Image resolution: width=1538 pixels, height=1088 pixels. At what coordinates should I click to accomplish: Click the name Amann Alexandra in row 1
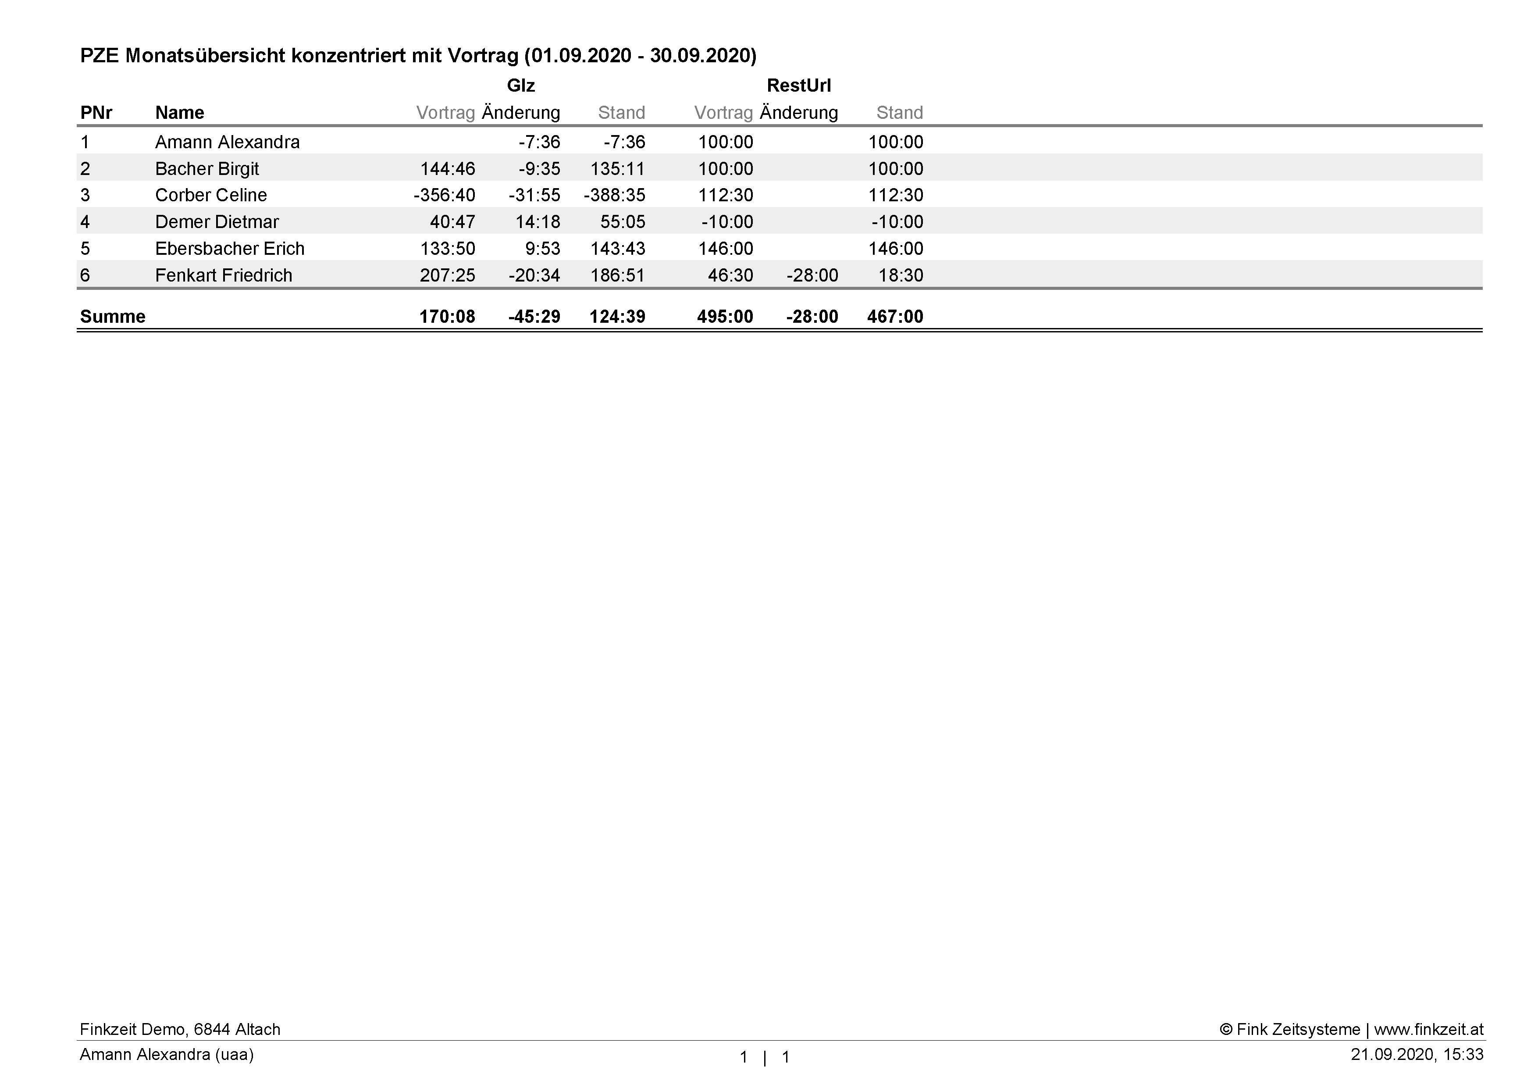(x=227, y=142)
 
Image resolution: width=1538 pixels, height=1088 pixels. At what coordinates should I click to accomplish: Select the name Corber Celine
(x=211, y=195)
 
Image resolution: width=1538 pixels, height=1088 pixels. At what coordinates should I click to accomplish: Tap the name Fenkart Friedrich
(x=224, y=275)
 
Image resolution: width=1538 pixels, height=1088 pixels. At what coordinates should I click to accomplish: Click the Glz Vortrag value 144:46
(x=448, y=169)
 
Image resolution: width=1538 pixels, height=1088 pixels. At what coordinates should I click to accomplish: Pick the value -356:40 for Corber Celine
(x=444, y=195)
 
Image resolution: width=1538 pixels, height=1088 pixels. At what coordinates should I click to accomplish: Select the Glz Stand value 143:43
(x=618, y=249)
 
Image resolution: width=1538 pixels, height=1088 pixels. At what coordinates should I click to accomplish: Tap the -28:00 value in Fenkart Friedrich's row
(x=812, y=275)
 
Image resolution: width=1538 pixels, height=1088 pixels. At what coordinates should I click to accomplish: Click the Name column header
(x=179, y=113)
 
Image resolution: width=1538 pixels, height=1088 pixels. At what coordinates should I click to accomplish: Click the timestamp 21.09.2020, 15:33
(x=1417, y=1055)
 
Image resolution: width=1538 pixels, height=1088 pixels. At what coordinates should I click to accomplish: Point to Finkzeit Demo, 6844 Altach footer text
(x=179, y=1029)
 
